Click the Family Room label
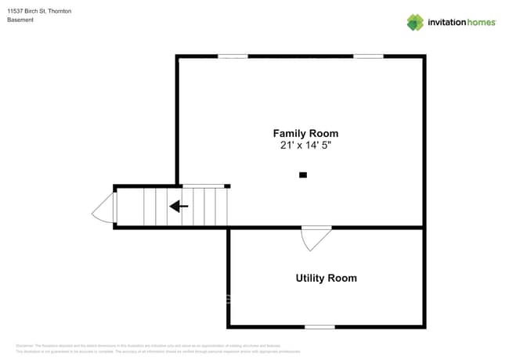(x=305, y=133)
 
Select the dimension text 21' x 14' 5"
(x=305, y=146)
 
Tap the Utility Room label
(x=326, y=278)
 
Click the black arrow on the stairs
(x=179, y=207)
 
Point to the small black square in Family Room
(x=303, y=175)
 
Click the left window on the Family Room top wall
(x=233, y=56)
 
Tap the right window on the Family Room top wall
(x=368, y=56)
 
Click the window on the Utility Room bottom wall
(x=319, y=326)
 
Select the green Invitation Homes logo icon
(x=415, y=22)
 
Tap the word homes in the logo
(x=482, y=23)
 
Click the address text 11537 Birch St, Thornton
(x=39, y=11)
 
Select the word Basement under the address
(x=20, y=20)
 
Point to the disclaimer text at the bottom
(x=157, y=348)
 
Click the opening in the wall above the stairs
(x=203, y=186)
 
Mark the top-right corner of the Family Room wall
(x=424, y=56)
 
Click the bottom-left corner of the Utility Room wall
(x=229, y=326)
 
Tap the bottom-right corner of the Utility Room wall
(x=424, y=326)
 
